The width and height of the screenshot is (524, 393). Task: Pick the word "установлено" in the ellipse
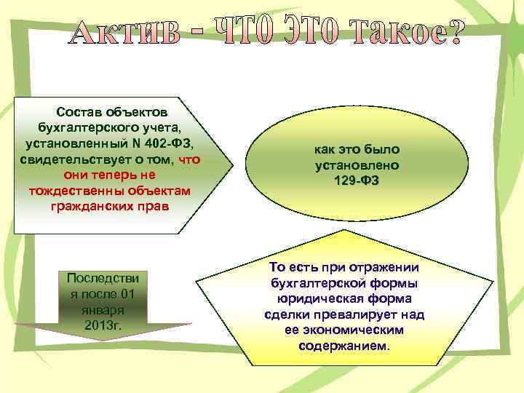(x=357, y=165)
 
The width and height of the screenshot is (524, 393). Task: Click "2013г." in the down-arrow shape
(x=103, y=325)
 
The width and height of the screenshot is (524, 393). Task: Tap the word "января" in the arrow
(x=103, y=309)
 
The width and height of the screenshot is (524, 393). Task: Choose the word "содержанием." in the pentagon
(x=344, y=346)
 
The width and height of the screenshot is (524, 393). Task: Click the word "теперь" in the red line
(x=122, y=175)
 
